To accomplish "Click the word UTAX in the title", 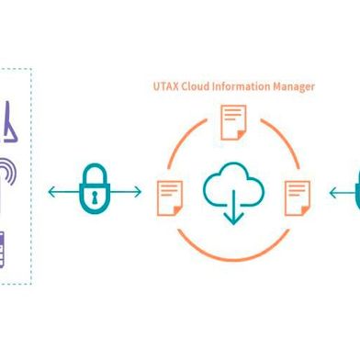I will click(164, 87).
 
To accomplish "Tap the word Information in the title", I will click(242, 87).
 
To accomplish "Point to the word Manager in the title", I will click(295, 87).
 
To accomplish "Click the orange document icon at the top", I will click(233, 121).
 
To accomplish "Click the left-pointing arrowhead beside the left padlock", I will click(52, 193).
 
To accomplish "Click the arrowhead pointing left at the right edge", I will click(332, 193).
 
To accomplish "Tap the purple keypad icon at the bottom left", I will click(3, 247).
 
